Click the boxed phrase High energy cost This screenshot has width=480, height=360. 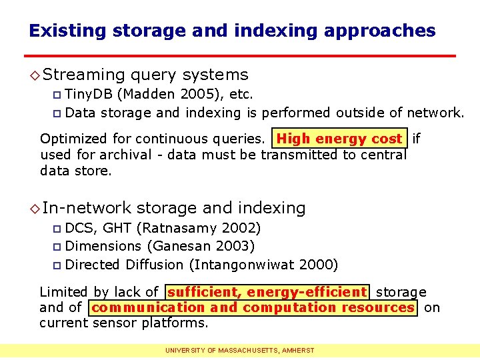click(339, 139)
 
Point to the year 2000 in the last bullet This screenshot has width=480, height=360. click(317, 265)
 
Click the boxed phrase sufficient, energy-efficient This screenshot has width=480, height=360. click(267, 292)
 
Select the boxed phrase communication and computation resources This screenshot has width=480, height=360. click(253, 308)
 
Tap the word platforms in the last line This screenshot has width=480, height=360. click(179, 323)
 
